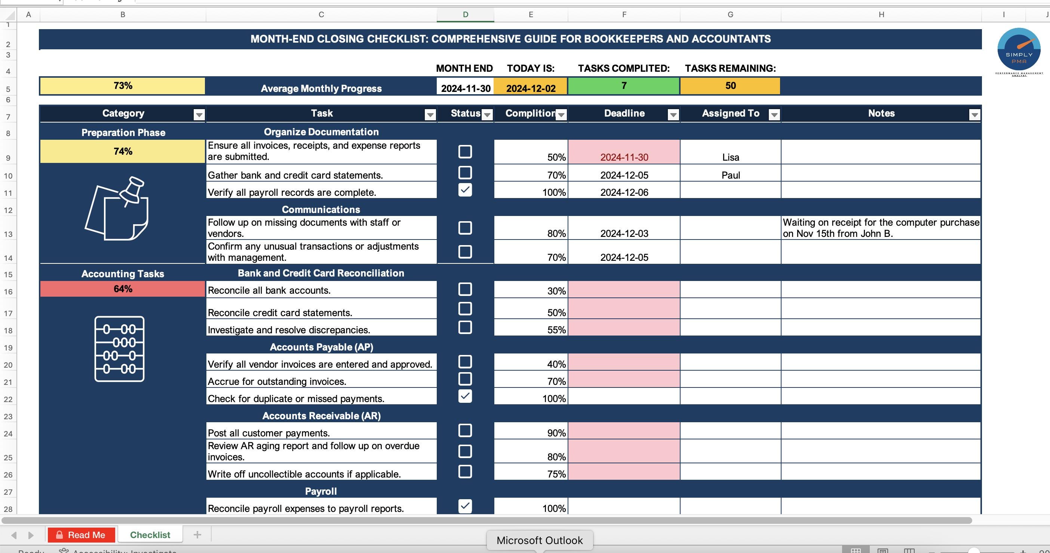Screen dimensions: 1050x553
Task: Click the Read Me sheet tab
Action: (x=82, y=535)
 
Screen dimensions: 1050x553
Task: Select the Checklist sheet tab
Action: (x=150, y=535)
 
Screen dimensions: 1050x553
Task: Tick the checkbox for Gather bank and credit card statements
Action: (x=465, y=173)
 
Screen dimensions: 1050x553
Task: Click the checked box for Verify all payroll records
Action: (x=465, y=190)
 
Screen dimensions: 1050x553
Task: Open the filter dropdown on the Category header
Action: (x=199, y=115)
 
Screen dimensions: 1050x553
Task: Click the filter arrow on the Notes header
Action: (x=974, y=115)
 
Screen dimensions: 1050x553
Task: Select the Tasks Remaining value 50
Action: (x=730, y=86)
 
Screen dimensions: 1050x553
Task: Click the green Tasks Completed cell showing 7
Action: (x=624, y=86)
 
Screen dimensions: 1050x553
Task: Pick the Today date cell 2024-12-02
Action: (x=530, y=88)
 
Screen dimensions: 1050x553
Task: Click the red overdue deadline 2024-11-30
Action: (x=624, y=157)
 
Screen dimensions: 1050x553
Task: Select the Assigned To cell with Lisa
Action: (x=730, y=157)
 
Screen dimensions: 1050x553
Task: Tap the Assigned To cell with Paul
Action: (x=730, y=175)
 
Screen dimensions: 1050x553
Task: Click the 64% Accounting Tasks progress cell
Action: (x=123, y=289)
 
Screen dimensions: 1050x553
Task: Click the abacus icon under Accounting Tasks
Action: (x=119, y=349)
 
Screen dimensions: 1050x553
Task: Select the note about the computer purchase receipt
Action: (x=881, y=228)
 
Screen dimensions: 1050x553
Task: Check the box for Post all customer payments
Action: (x=465, y=430)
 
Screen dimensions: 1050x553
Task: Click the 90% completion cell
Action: (x=531, y=432)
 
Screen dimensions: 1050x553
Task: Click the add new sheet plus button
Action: (x=197, y=535)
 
